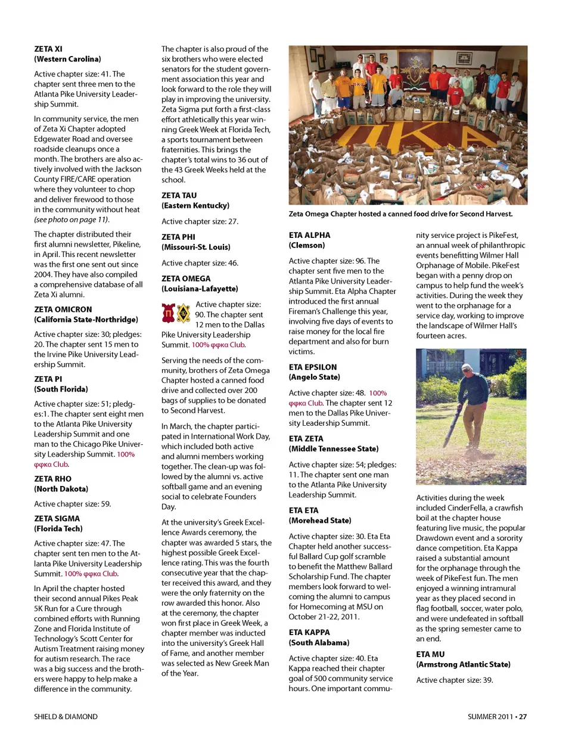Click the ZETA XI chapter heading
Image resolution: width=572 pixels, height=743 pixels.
coord(48,49)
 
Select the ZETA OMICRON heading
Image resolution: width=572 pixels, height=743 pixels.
coord(63,309)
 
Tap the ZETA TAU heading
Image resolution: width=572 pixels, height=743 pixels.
coord(179,196)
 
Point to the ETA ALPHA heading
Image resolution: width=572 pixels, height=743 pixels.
coord(309,236)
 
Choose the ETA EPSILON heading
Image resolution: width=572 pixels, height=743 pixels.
coord(313,367)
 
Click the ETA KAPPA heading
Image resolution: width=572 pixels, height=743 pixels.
coord(309,633)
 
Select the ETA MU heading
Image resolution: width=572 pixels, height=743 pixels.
coord(430,655)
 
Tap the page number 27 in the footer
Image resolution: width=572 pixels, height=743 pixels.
coord(523,717)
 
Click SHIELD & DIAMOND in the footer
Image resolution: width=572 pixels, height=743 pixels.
coord(66,717)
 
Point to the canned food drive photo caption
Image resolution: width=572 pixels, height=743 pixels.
coord(400,214)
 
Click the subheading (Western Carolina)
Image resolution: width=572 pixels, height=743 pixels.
coord(67,59)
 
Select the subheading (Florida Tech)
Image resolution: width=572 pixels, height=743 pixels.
coord(58,529)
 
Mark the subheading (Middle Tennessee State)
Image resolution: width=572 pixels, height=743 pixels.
coord(334,449)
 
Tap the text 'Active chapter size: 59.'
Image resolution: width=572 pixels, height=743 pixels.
coord(73,504)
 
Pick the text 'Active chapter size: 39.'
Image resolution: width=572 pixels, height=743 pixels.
coord(455,680)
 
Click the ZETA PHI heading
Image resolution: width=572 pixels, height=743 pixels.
coord(178,237)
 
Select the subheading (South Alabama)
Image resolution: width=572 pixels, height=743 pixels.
coord(319,643)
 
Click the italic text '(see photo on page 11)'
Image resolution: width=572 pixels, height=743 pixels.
coord(71,219)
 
